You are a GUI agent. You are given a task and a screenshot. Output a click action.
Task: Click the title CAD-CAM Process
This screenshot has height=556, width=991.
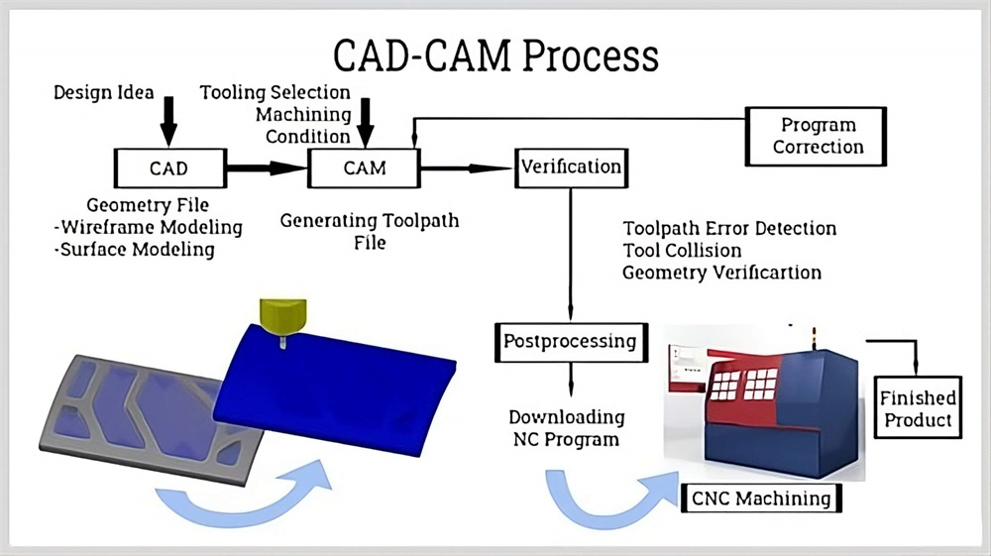(x=495, y=56)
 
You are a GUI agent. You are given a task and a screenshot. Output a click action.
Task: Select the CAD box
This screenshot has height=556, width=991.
(x=168, y=168)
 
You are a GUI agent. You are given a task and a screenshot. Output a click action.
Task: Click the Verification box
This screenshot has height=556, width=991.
(x=571, y=167)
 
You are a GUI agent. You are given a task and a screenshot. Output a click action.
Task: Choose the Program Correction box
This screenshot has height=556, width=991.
(x=818, y=137)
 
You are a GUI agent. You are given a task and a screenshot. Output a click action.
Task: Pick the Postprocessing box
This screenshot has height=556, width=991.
(x=570, y=341)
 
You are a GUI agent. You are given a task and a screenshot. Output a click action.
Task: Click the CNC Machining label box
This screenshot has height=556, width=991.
(x=762, y=498)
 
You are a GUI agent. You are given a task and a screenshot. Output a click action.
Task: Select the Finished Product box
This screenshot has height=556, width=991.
(x=918, y=408)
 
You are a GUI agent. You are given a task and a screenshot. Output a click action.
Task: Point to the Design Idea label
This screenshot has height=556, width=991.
(x=103, y=93)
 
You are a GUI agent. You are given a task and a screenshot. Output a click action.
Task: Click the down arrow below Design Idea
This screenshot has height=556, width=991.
(x=168, y=124)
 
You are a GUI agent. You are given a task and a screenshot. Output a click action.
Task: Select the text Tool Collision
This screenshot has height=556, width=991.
(x=682, y=250)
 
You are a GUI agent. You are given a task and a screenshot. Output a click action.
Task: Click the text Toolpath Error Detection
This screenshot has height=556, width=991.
(x=729, y=229)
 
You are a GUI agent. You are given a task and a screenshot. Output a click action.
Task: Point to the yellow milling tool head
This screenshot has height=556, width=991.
(x=280, y=316)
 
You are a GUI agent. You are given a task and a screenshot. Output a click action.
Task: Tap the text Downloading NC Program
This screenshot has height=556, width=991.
(x=566, y=428)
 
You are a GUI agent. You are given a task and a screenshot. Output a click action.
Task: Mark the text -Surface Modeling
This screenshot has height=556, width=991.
(x=135, y=249)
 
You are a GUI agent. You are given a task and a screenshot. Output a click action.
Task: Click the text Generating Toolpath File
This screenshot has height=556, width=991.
(x=370, y=230)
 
